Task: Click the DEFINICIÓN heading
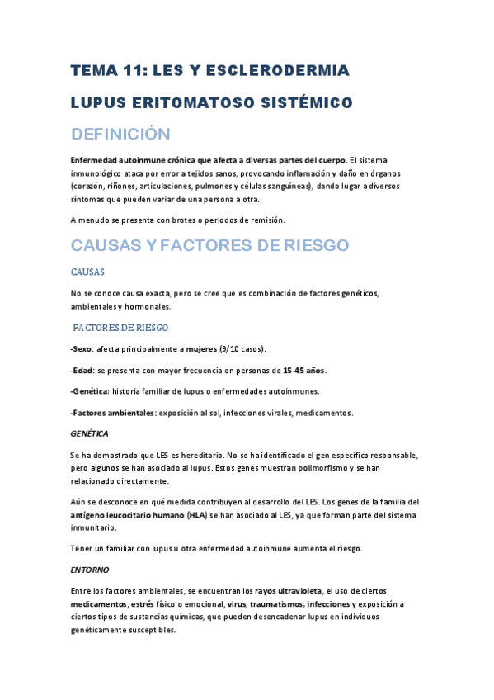120,134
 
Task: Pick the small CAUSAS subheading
87,272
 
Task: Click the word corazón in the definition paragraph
92,187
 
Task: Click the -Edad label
82,369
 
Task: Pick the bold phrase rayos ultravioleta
289,591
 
